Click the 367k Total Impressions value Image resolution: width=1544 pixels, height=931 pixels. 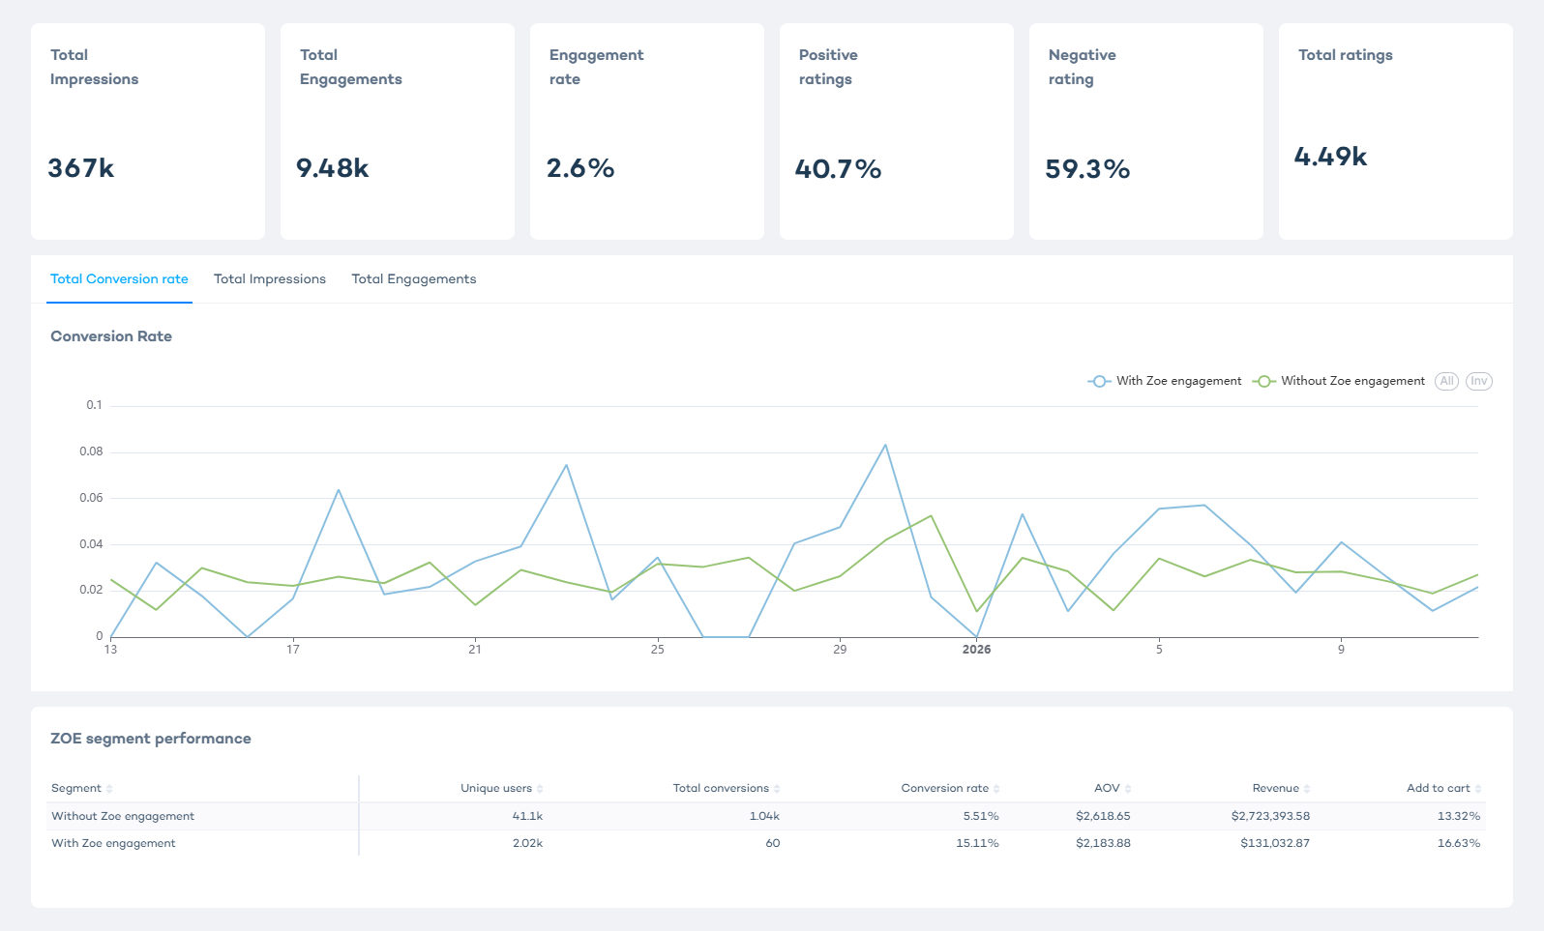point(81,168)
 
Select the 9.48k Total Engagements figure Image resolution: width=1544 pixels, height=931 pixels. point(332,168)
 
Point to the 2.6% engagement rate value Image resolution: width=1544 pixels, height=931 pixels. point(580,168)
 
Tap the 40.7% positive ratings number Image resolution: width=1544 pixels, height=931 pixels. point(838,169)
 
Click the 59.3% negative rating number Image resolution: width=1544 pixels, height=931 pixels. point(1087,169)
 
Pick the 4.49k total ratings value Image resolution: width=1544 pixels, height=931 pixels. point(1330,157)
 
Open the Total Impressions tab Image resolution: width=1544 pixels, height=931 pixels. point(270,279)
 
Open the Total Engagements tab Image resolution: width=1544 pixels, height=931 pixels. point(414,279)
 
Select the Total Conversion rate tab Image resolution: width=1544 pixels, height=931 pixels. point(119,279)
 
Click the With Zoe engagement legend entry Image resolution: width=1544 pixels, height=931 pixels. point(1166,381)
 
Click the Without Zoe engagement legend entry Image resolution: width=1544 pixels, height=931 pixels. point(1340,381)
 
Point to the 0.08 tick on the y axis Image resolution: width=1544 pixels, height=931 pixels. point(92,451)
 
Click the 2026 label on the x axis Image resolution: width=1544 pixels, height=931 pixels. point(976,650)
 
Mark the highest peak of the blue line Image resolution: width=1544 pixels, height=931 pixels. point(885,446)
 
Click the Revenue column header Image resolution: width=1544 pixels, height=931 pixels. point(1275,789)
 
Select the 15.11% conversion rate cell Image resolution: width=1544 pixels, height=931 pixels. point(977,844)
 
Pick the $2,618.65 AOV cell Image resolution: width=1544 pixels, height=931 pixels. point(1103,817)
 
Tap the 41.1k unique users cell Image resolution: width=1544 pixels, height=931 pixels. point(527,817)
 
